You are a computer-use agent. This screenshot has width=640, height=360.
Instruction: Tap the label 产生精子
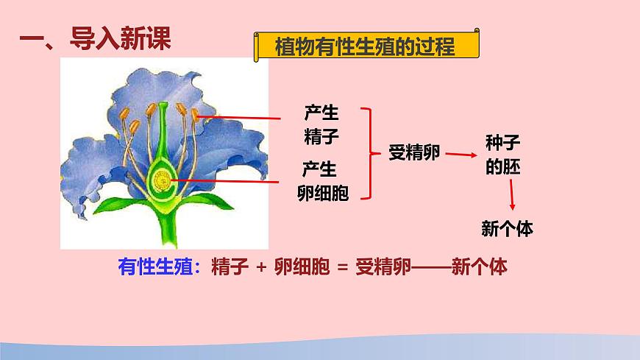321,125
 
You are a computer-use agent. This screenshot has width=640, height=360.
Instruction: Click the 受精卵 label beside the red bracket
414,152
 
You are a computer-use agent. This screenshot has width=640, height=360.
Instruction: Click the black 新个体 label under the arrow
507,228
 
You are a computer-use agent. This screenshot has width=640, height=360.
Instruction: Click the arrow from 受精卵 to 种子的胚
461,155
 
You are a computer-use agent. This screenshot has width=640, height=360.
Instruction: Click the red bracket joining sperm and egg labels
369,152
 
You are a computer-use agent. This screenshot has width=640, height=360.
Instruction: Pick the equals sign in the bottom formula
340,267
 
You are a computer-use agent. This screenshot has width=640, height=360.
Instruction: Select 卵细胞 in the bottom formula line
300,267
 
